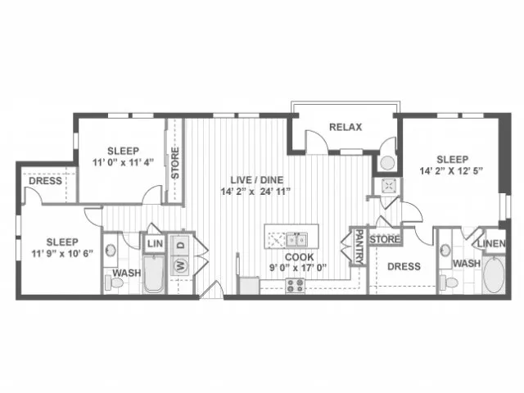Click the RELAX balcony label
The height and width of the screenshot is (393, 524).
346,127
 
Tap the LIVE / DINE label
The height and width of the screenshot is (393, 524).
256,180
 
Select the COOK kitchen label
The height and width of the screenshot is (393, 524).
299,257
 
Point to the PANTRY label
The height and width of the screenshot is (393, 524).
359,246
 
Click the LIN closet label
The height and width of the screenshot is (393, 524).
155,243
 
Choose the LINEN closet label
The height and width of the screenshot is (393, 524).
491,244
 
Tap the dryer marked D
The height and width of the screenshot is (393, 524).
180,245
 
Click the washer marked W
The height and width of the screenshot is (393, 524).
180,266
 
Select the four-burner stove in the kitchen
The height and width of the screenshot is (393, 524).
296,286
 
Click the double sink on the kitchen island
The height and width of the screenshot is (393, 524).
296,240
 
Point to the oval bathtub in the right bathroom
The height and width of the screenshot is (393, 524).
494,275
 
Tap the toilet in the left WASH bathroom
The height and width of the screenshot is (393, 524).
114,282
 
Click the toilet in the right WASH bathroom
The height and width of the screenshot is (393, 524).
449,282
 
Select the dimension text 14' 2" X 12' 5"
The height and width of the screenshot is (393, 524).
451,171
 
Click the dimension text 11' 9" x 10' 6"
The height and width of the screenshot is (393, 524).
62,254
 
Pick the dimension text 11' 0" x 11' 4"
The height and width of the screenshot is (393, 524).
123,162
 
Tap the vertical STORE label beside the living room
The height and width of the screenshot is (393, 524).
175,163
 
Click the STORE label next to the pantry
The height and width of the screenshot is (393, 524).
384,239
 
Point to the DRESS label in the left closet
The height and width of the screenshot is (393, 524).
46,181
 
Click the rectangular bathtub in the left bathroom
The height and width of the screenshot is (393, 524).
154,274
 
